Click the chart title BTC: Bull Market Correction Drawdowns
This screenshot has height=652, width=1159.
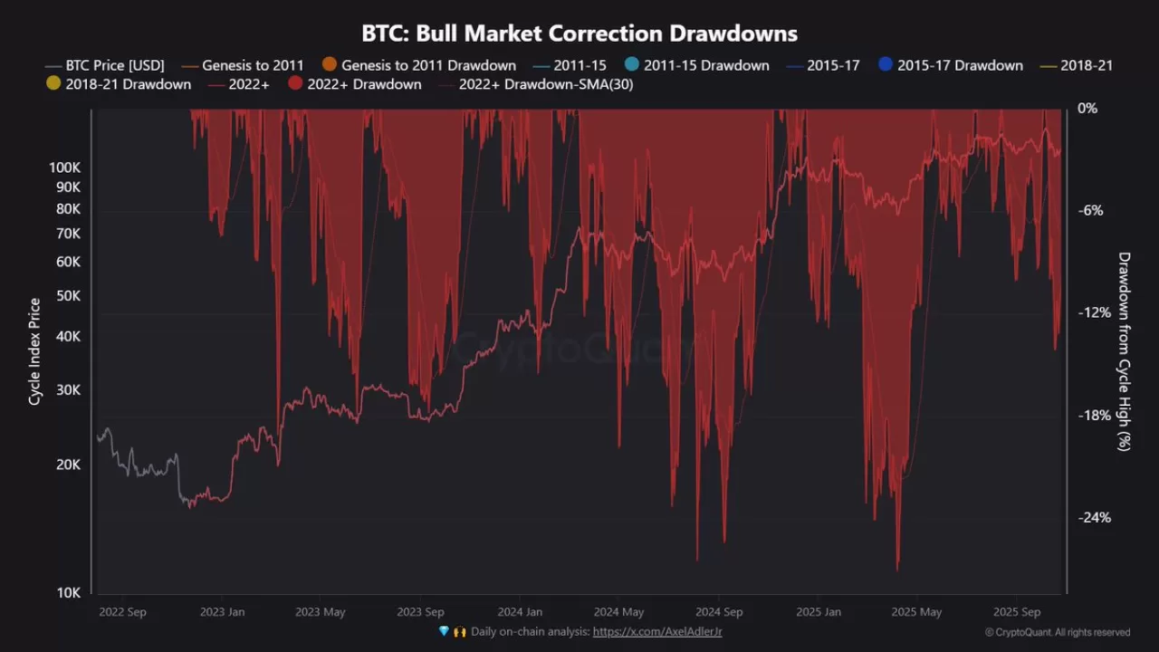coord(579,34)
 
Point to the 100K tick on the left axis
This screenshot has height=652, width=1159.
coord(65,168)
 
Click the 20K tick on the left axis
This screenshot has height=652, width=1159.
coord(69,465)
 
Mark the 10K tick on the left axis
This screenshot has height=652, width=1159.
coord(69,593)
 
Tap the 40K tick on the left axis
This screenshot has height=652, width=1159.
coord(69,336)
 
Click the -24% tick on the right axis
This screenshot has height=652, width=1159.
coord(1094,518)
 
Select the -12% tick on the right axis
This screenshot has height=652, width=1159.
coord(1094,312)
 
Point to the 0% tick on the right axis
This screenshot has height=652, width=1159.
coord(1087,108)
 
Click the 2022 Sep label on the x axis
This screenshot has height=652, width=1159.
coord(121,612)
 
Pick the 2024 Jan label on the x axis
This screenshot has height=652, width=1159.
coord(520,612)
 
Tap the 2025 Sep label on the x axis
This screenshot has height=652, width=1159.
coord(1019,612)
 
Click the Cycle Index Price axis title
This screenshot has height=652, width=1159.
coord(34,351)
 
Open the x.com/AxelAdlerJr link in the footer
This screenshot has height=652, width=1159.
coord(657,632)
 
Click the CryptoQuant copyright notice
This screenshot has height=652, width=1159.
coord(1057,633)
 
